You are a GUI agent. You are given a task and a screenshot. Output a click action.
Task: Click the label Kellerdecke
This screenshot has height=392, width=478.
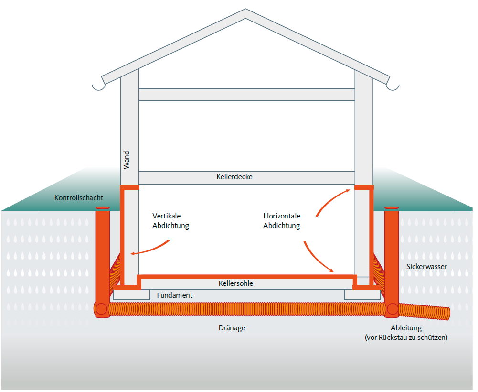point(234,177)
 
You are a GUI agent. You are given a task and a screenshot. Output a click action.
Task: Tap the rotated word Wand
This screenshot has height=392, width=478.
point(127,160)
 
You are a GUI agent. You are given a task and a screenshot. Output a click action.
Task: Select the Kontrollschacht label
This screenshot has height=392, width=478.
point(79,197)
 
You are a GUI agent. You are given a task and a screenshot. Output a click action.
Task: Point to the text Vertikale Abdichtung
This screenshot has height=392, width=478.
point(170,221)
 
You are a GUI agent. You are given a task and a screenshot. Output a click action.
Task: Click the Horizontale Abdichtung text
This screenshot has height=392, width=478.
point(282,221)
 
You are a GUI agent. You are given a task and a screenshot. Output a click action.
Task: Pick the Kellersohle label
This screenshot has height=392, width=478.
point(236,283)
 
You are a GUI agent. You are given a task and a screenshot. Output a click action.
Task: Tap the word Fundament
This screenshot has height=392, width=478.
point(175,295)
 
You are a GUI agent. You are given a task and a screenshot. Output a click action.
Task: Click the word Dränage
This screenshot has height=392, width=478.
point(232,328)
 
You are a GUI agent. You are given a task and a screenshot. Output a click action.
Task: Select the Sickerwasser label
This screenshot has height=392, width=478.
point(427,266)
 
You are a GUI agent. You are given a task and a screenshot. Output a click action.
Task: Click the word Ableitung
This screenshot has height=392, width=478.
point(406,328)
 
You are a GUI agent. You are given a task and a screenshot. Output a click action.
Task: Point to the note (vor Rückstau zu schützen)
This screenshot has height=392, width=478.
point(406,338)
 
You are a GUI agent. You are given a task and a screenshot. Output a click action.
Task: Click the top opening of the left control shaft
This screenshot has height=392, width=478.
point(102,208)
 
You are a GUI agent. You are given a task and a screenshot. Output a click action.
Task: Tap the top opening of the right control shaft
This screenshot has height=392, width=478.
point(392,208)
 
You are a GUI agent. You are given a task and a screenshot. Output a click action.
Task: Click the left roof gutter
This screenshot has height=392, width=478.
point(98,86)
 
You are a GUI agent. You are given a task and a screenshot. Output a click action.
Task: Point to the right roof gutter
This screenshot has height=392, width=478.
point(393,86)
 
